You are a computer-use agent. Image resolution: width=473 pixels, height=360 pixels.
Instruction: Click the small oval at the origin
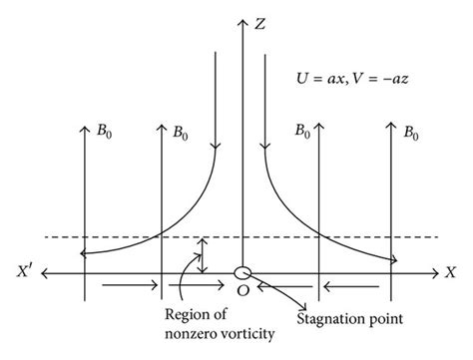[x=241, y=271]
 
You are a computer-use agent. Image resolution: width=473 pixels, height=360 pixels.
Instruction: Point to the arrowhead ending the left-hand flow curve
[x=84, y=256]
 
